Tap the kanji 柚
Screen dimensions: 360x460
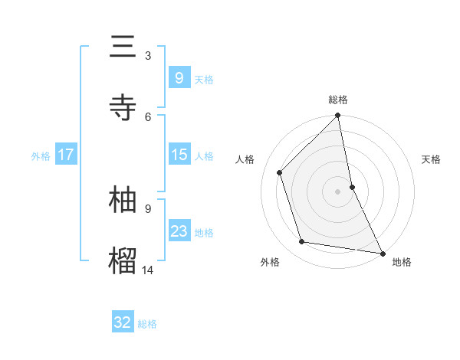coord(123,199)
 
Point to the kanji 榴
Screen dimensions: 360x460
coord(123,260)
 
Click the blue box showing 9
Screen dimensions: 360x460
coord(179,77)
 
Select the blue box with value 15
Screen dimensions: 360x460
coord(179,155)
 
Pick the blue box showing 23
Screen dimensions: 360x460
coord(179,231)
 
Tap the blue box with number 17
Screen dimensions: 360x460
coord(66,155)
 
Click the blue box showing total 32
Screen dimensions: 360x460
coord(123,322)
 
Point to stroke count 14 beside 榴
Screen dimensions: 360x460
coord(147,269)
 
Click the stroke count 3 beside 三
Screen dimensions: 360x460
coord(148,55)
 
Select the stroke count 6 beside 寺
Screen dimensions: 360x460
coord(148,116)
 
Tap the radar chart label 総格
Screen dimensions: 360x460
coord(338,100)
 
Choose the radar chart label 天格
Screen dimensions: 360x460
coord(431,159)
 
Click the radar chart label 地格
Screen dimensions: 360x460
coord(402,262)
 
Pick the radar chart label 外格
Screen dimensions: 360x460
coord(270,262)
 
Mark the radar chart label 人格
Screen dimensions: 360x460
coord(245,159)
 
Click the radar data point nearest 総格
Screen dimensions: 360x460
coord(338,116)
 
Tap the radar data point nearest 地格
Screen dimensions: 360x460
coord(382,253)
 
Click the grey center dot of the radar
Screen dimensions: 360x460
coord(338,191)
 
